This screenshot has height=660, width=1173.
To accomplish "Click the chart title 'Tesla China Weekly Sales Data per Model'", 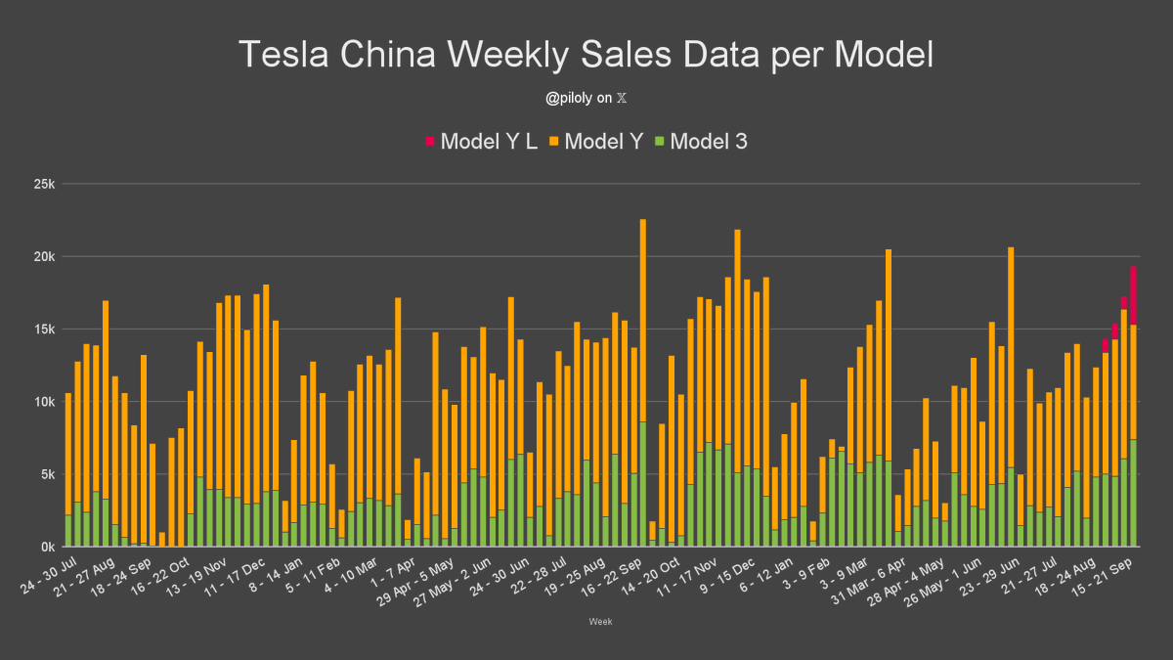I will pyautogui.click(x=586, y=55).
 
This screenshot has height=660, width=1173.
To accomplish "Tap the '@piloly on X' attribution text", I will pyautogui.click(x=586, y=98).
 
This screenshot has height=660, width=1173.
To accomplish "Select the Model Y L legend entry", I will pyautogui.click(x=481, y=142).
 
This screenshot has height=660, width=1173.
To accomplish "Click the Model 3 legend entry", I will pyautogui.click(x=701, y=142).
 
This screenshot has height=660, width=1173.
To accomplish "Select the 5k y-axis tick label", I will pyautogui.click(x=44, y=474).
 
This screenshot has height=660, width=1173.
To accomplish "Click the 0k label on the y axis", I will pyautogui.click(x=44, y=547).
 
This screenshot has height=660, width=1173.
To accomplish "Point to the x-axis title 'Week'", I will pyautogui.click(x=600, y=621).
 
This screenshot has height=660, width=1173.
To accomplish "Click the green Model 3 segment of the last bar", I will pyautogui.click(x=1133, y=493).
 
